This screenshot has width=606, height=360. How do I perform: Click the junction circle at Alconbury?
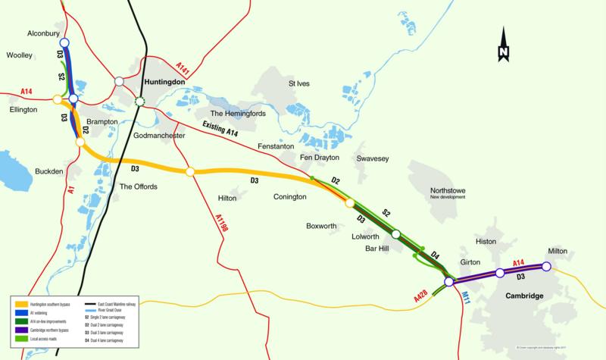(64, 43)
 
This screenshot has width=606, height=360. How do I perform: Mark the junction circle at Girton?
(449, 282)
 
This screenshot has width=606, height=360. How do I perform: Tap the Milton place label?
(557, 250)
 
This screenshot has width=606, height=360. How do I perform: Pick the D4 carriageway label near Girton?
(435, 254)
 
